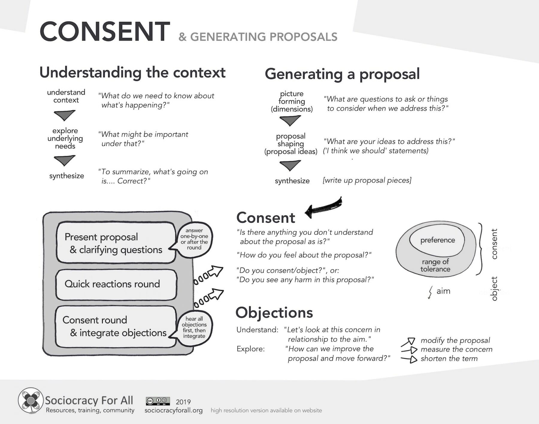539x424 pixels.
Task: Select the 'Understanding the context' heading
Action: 132,73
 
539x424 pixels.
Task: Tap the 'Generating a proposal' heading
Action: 342,74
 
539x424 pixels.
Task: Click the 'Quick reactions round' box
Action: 116,284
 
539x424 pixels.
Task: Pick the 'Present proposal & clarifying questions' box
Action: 116,243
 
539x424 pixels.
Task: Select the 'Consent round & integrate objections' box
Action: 115,326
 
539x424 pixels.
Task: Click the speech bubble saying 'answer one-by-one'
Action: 194,239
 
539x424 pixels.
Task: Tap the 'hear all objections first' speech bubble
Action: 194,327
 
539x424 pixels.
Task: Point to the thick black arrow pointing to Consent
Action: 323,206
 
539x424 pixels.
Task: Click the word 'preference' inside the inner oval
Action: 437,240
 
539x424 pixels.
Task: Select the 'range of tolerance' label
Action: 435,265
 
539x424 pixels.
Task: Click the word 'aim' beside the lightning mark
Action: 443,291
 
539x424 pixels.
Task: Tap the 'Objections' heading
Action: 274,313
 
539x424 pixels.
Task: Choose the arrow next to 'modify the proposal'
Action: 408,342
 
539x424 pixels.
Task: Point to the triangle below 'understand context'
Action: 64,115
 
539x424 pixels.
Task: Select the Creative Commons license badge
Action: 158,401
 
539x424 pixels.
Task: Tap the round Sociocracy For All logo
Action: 30,400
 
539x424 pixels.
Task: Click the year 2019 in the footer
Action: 183,402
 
